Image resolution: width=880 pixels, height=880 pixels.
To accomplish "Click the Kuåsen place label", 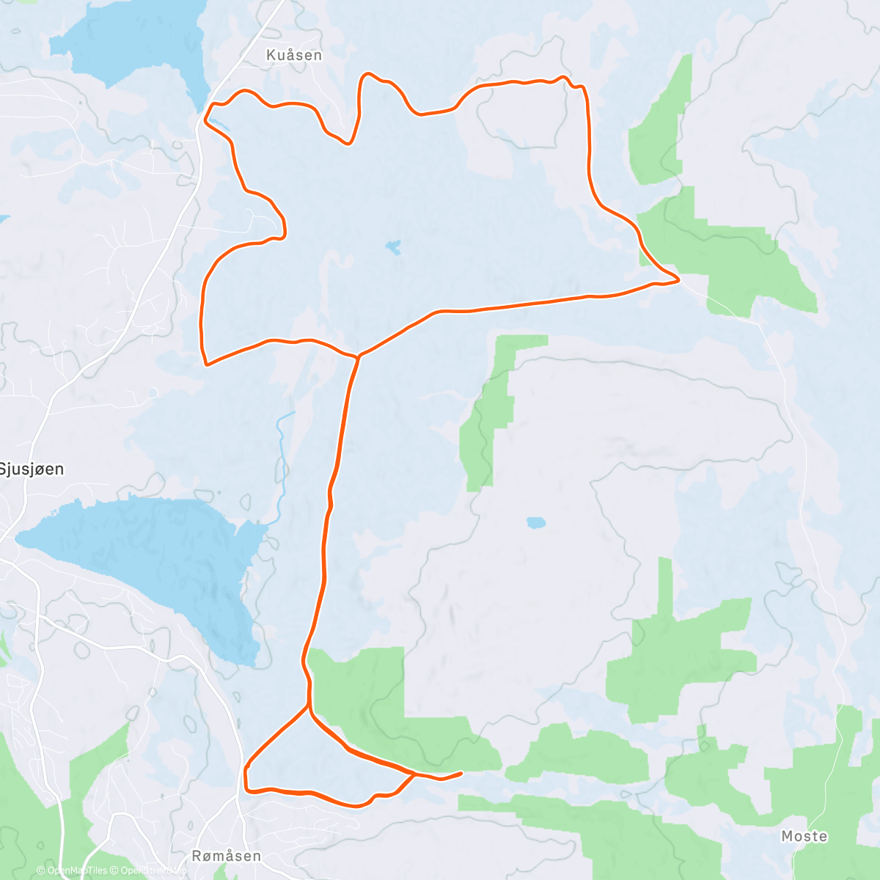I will coord(294,55).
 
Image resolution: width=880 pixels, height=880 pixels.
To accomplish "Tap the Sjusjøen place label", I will coord(32,469).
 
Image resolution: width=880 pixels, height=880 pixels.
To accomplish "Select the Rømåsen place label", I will coord(226,856).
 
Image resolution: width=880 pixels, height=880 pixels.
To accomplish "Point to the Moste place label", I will coord(804,836).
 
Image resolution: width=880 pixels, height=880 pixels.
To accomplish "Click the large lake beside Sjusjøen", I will coord(147,557).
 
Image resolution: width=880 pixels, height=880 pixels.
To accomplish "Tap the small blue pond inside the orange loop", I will coord(394,247).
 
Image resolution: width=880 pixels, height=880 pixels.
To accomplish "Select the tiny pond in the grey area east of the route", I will coord(535,523).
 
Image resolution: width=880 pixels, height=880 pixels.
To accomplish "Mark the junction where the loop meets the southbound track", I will coord(358,357).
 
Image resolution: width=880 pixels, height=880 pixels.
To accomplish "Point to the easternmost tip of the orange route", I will coord(678,279).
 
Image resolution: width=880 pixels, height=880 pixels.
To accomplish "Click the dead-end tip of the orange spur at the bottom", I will coord(461,773).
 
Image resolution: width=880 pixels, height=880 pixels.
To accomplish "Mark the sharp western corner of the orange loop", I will coord(206,364).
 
